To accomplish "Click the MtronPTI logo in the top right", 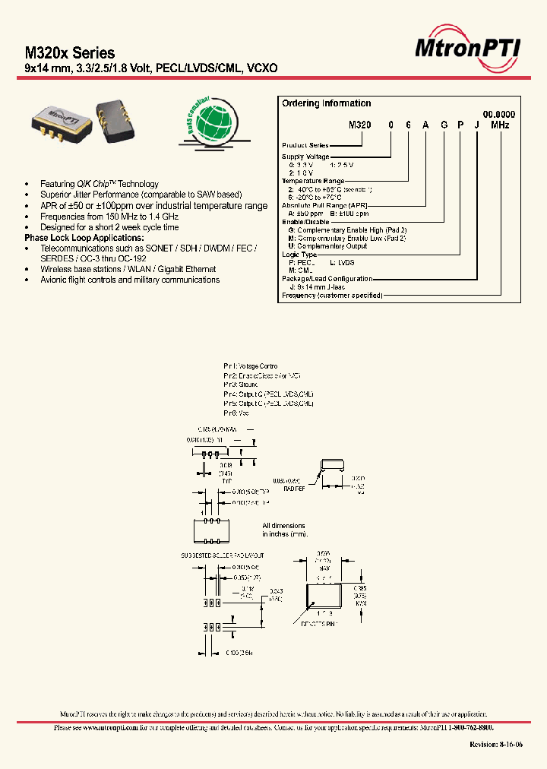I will click(466, 49).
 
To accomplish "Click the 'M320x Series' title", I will click(70, 53).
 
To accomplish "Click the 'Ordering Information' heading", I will click(326, 103).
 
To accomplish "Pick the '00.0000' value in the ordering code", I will click(498, 113).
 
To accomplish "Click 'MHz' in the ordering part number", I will click(499, 125).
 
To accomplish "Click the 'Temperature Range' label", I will click(312, 181).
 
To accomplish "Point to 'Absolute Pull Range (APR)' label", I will click(324, 205).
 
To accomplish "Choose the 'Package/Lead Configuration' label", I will click(327, 279).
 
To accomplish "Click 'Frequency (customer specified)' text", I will click(332, 295).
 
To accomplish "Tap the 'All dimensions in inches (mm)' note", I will click(284, 530).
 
